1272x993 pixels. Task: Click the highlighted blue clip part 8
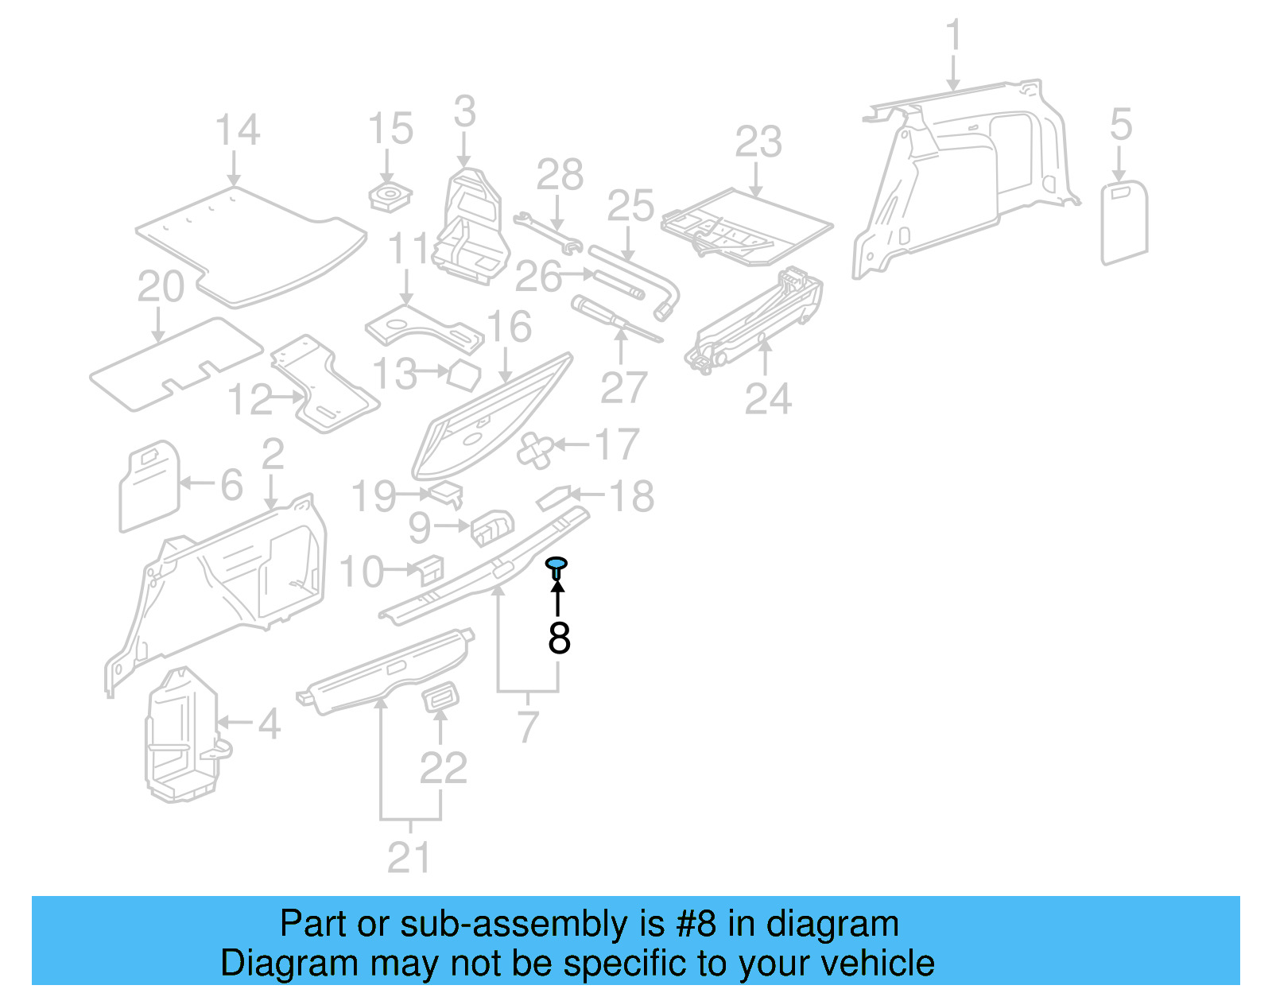click(557, 565)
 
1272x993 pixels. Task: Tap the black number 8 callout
click(559, 638)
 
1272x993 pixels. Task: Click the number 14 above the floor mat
click(237, 130)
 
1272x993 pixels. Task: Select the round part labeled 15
click(390, 196)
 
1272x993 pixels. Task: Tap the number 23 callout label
click(758, 143)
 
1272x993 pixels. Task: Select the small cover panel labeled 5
click(1124, 223)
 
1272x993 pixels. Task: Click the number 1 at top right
click(953, 37)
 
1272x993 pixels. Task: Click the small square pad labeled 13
click(464, 374)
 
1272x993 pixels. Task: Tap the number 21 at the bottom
click(409, 857)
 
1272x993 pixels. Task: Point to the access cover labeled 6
click(149, 486)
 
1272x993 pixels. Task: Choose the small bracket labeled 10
click(429, 568)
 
